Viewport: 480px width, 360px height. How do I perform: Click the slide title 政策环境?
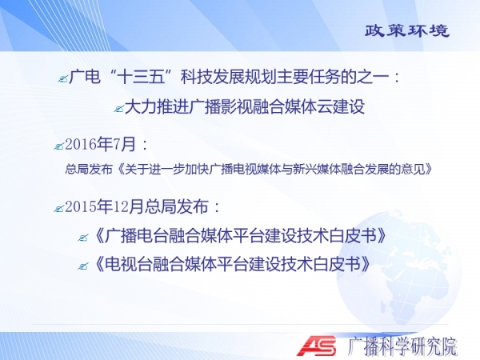[407, 30]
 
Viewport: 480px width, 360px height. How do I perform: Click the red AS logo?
[317, 346]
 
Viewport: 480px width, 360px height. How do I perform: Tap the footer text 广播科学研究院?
[402, 346]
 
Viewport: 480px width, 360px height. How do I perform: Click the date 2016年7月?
[101, 144]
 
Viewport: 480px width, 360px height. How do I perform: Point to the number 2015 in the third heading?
[81, 207]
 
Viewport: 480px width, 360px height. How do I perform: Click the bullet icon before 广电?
[62, 79]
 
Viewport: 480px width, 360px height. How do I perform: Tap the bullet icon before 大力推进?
[118, 108]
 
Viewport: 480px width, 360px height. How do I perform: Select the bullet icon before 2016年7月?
[58, 146]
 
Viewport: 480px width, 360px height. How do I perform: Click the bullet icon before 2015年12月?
[58, 209]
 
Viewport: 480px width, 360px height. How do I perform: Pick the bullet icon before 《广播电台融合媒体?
[82, 238]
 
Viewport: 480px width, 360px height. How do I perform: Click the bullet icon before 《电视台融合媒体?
[82, 266]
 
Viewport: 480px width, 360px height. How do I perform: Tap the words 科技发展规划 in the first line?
[228, 77]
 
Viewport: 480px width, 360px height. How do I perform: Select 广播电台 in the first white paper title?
[136, 236]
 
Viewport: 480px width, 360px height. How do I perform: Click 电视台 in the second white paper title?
[129, 265]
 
